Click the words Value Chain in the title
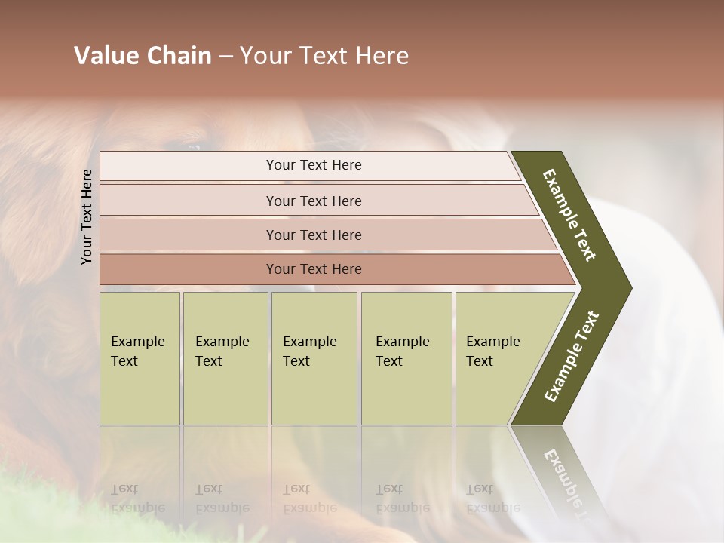(143, 56)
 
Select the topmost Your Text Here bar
(313, 165)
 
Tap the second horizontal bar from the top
(313, 201)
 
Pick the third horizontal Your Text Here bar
(313, 235)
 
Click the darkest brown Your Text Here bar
(313, 269)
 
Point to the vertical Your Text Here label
(87, 216)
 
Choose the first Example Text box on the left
(140, 357)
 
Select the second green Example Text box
(225, 357)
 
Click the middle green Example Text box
(313, 357)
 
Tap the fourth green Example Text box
(406, 357)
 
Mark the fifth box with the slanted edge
(498, 357)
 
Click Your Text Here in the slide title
(324, 56)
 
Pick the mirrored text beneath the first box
(137, 498)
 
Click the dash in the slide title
(225, 57)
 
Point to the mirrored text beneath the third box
(309, 498)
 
